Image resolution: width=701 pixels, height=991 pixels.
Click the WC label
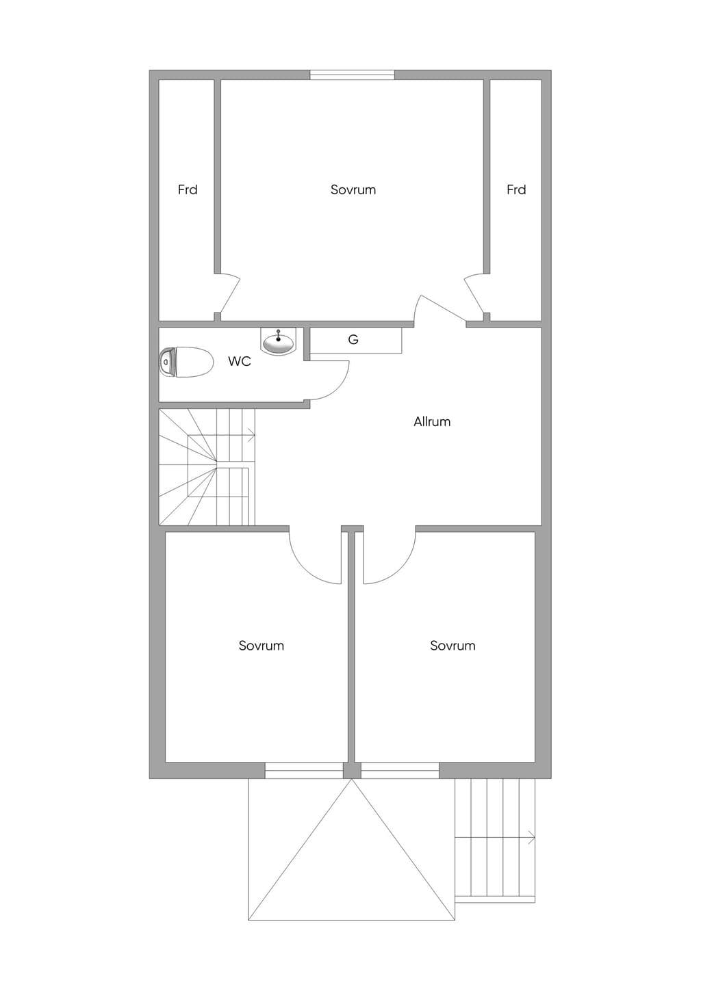coord(240,361)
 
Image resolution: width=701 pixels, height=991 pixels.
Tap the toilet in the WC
coord(186,362)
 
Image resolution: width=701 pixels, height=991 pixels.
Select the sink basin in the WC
coord(278,342)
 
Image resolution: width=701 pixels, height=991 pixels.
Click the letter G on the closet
coord(353,340)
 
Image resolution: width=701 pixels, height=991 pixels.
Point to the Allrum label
coord(432,421)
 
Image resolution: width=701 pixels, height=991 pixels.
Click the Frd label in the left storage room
coord(188,190)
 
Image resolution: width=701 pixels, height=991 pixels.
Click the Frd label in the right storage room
coord(516,190)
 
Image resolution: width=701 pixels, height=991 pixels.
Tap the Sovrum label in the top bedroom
coord(353,190)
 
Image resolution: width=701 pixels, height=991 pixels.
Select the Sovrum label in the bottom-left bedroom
coord(262,646)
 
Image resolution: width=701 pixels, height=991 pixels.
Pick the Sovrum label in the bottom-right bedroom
coord(453,646)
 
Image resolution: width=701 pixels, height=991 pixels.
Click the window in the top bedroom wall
coord(352,75)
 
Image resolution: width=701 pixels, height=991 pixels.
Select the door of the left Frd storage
coord(230,294)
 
